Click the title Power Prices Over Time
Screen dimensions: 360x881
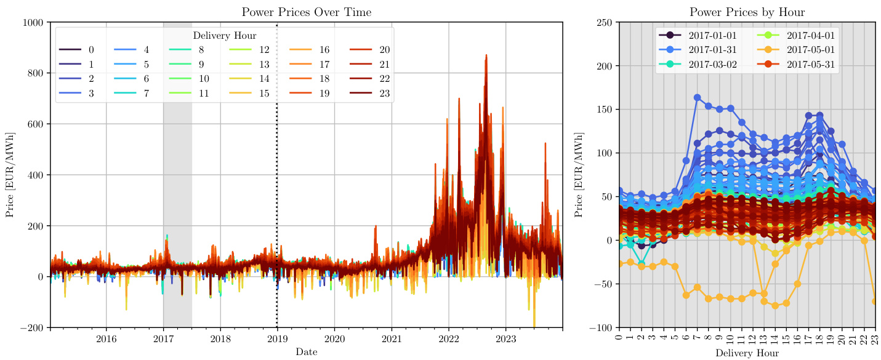click(x=306, y=12)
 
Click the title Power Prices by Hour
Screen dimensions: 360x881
click(x=747, y=12)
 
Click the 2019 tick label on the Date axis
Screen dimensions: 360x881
click(x=277, y=339)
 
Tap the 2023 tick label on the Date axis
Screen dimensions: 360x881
click(x=506, y=339)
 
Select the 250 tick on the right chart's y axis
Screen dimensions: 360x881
click(x=605, y=23)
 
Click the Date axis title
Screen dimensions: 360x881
click(x=306, y=352)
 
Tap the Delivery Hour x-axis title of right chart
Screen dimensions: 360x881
click(x=747, y=353)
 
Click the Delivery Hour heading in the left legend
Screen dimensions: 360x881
click(x=225, y=35)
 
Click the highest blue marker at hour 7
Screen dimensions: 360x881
click(x=698, y=98)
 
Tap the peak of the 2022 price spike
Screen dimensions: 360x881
click(x=486, y=55)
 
